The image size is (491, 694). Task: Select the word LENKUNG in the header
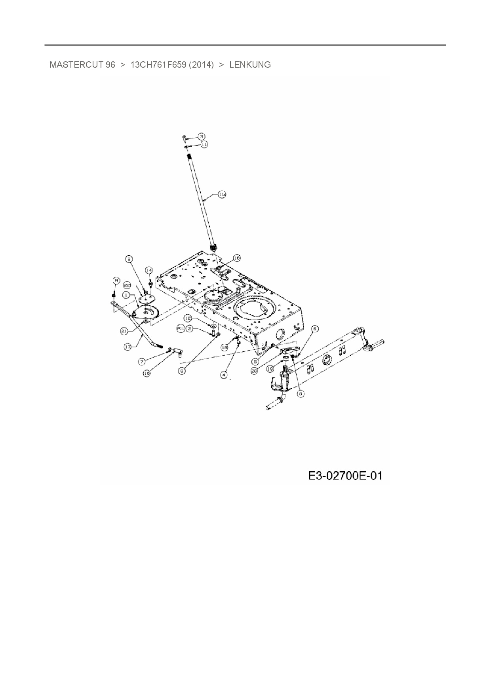pos(250,65)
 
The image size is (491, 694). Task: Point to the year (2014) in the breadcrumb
pos(201,65)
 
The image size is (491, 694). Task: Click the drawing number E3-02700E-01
pos(345,475)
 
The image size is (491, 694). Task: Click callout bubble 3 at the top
pos(202,137)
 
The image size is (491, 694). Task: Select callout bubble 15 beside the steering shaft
pos(222,194)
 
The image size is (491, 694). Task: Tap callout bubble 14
pos(148,270)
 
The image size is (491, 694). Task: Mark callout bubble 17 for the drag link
pos(128,347)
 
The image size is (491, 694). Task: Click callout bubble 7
pos(142,361)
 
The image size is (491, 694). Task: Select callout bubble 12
pos(188,318)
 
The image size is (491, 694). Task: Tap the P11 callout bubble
pos(181,328)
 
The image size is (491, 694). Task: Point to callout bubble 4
pos(225,374)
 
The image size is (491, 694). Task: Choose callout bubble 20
pos(255,371)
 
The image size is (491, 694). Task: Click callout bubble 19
pos(270,368)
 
